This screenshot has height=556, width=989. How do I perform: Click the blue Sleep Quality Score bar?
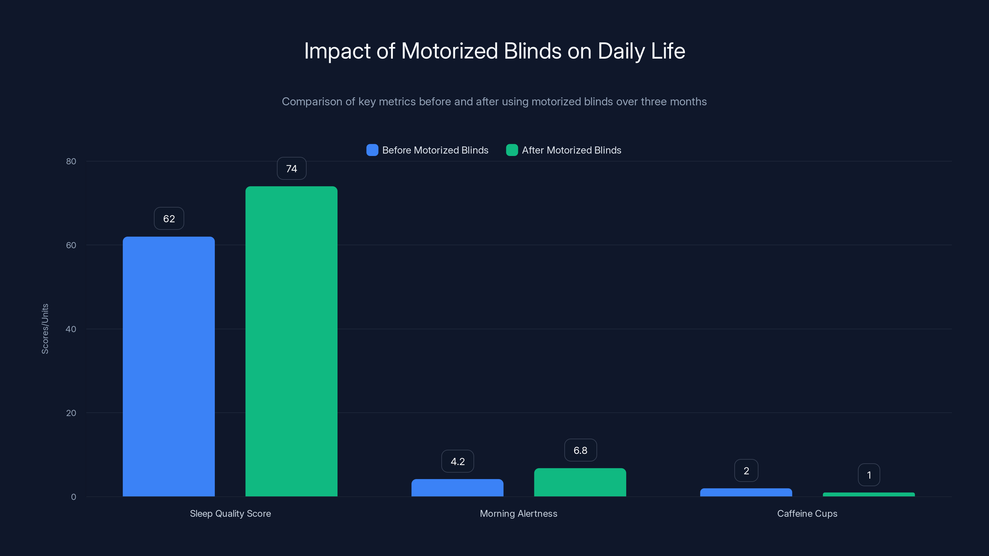pyautogui.click(x=168, y=366)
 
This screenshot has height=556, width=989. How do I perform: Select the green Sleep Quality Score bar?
pyautogui.click(x=291, y=342)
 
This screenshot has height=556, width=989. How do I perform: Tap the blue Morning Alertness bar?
pyautogui.click(x=457, y=488)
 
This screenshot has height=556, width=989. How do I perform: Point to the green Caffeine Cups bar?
pyautogui.click(x=868, y=495)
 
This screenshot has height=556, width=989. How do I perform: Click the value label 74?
pyautogui.click(x=291, y=168)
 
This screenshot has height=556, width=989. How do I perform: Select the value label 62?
pyautogui.click(x=169, y=219)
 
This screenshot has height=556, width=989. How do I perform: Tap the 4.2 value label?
pyautogui.click(x=457, y=461)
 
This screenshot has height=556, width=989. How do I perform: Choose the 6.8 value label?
pyautogui.click(x=580, y=450)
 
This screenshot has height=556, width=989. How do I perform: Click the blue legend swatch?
pyautogui.click(x=372, y=150)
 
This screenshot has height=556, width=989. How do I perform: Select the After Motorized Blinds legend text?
pyautogui.click(x=571, y=150)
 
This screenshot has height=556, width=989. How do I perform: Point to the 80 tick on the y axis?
pyautogui.click(x=71, y=161)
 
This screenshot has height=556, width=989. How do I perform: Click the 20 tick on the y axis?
pyautogui.click(x=71, y=413)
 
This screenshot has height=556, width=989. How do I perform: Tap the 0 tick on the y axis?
pyautogui.click(x=73, y=497)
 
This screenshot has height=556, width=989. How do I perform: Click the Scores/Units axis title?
pyautogui.click(x=45, y=329)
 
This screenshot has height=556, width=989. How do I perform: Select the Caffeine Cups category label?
pyautogui.click(x=807, y=513)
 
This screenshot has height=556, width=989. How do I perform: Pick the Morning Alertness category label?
pyautogui.click(x=518, y=513)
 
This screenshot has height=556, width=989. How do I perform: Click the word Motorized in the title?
pyautogui.click(x=449, y=51)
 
